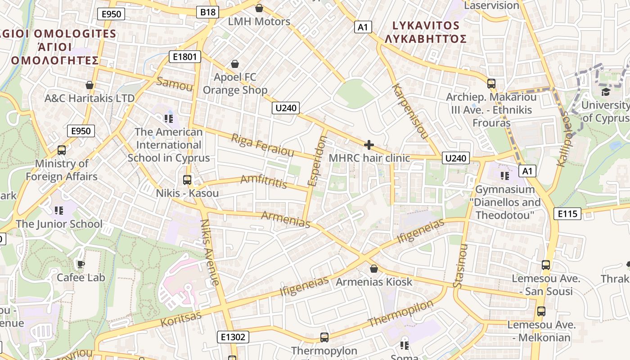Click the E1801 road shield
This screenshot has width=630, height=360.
pyautogui.click(x=184, y=57)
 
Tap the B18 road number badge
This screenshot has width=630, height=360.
pyautogui.click(x=207, y=12)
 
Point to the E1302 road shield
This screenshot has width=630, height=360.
pyautogui.click(x=233, y=337)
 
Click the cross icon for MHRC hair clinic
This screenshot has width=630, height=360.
pyautogui.click(x=369, y=145)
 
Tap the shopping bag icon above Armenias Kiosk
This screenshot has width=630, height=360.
pyautogui.click(x=373, y=269)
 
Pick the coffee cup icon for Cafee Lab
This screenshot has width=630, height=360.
pyautogui.click(x=81, y=264)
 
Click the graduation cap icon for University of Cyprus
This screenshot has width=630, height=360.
pyautogui.click(x=606, y=92)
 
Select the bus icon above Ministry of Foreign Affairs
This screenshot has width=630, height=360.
pyautogui.click(x=62, y=150)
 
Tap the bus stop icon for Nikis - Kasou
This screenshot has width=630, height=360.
pyautogui.click(x=187, y=180)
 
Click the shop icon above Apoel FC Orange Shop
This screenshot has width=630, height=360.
pyautogui.click(x=234, y=64)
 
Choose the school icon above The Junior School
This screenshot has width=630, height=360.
pyautogui.click(x=58, y=210)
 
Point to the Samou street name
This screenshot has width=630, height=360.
pyautogui.click(x=174, y=84)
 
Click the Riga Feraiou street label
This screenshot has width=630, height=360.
pyautogui.click(x=262, y=145)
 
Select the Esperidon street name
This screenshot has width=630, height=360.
pyautogui.click(x=317, y=161)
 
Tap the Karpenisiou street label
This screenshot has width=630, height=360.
pyautogui.click(x=409, y=111)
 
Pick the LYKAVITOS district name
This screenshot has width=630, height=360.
pyautogui.click(x=425, y=26)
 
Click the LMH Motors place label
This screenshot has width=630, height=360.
pyautogui.click(x=259, y=22)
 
